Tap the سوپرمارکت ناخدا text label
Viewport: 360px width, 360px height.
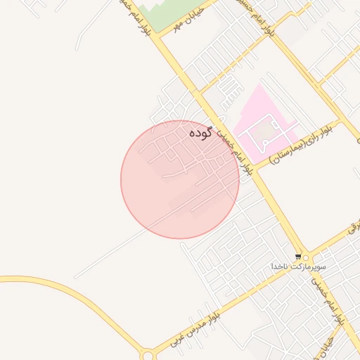pyautogui.click(x=295, y=267)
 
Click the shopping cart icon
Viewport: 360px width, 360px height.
pyautogui.click(x=299, y=257)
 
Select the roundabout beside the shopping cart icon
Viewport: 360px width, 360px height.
pyautogui.click(x=305, y=257)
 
